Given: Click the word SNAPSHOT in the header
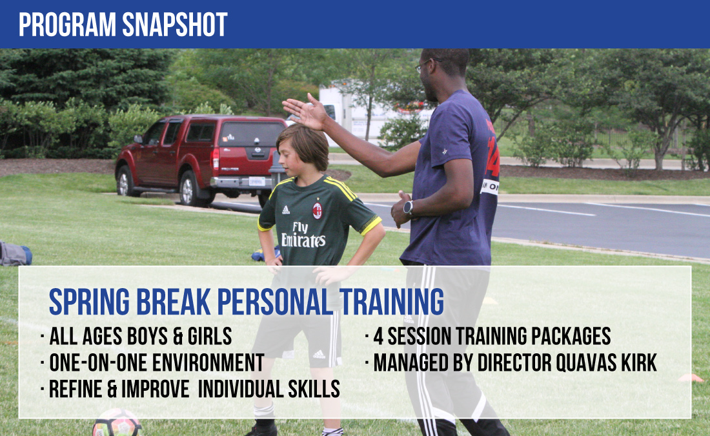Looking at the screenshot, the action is coord(175,25).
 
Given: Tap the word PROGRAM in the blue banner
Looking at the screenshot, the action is coord(67,25).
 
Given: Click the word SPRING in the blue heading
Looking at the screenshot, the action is coord(89,302).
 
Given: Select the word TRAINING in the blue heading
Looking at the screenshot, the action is coord(392,302).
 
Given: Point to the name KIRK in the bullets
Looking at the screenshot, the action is coord(639,362).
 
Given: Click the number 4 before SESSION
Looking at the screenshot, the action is coord(378,337).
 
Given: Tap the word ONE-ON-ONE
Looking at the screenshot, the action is coord(98,362).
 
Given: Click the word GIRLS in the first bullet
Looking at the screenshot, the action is coord(210,337).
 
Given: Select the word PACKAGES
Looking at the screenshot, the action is coord(571,337).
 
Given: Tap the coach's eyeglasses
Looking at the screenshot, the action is coord(424,65).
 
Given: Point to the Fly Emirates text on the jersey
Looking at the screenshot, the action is coord(303,234).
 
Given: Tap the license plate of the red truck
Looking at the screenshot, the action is coord(257,182).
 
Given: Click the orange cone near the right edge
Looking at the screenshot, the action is coord(691,377).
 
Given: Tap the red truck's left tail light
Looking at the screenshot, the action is coord(216,159).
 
